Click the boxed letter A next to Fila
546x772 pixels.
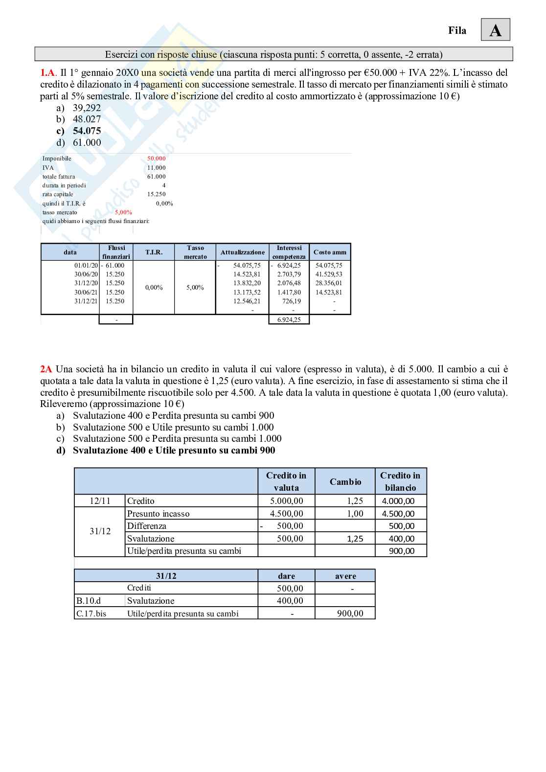click(x=495, y=30)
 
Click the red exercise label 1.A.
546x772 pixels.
click(x=48, y=72)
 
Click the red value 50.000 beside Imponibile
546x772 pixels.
click(x=156, y=159)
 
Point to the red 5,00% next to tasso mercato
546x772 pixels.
click(x=123, y=212)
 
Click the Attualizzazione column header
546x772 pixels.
click(x=242, y=252)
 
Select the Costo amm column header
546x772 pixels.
click(x=330, y=252)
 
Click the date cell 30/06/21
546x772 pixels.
click(x=86, y=292)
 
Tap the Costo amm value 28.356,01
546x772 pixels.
click(x=329, y=283)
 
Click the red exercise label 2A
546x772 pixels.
click(x=45, y=369)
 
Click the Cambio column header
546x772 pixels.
click(x=345, y=482)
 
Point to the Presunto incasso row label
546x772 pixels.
click(x=158, y=514)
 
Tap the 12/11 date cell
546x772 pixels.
click(x=100, y=501)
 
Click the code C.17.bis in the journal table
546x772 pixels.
click(x=91, y=613)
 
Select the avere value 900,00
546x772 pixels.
click(x=350, y=613)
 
